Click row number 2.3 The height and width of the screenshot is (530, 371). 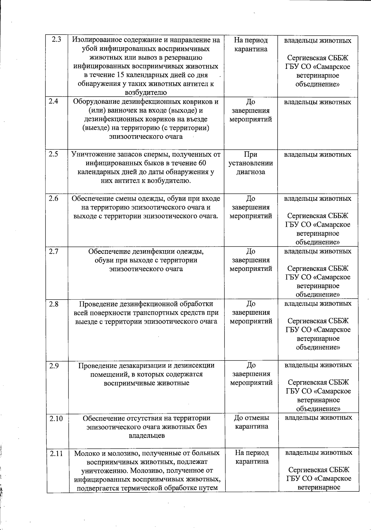56,40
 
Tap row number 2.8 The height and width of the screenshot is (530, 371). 53,304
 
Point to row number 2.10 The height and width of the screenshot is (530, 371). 56,419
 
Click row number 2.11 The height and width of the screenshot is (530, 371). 56,453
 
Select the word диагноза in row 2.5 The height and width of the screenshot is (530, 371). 251,172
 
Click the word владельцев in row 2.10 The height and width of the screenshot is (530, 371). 147,436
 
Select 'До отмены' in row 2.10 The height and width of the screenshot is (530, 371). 251,418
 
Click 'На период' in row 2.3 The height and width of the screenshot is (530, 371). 251,40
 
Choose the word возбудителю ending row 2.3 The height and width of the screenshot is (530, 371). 146,92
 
